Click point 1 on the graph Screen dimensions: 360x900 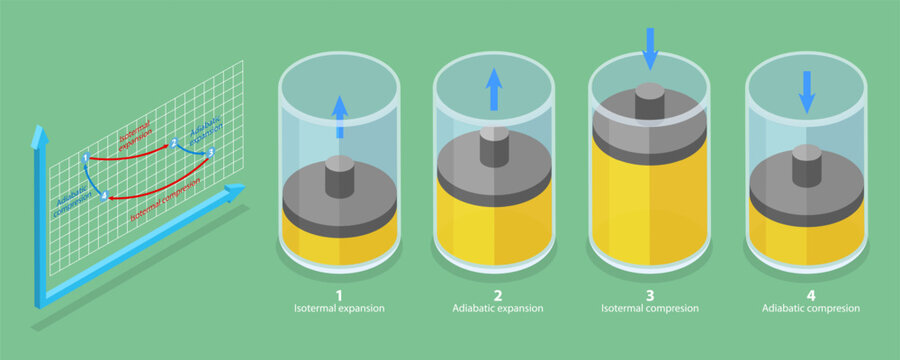[x=87, y=158]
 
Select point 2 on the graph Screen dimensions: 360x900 [x=174, y=143]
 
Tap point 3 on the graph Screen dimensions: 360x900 [x=211, y=152]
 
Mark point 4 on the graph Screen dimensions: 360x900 [x=104, y=194]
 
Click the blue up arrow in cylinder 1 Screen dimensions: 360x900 [x=339, y=116]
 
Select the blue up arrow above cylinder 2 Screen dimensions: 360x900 [x=494, y=89]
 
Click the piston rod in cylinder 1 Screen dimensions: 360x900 [x=339, y=176]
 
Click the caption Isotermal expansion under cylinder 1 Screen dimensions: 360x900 [x=338, y=309]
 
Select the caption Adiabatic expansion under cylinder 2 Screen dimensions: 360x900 [x=495, y=309]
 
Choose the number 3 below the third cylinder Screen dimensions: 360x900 [x=650, y=295]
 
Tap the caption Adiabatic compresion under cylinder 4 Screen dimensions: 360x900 [x=806, y=309]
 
